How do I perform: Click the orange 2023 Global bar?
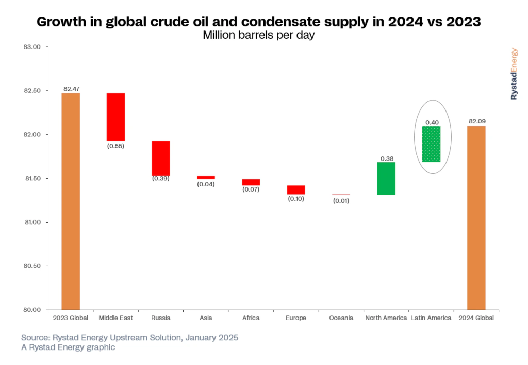click(x=71, y=201)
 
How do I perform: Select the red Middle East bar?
click(x=115, y=117)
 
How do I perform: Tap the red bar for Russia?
click(x=160, y=158)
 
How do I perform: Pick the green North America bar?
click(x=386, y=178)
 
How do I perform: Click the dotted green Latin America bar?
click(x=431, y=144)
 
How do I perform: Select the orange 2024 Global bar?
click(x=476, y=218)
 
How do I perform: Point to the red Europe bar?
click(x=296, y=189)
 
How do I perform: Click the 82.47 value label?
click(x=71, y=89)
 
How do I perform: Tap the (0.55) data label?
click(x=115, y=146)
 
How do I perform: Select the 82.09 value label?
click(x=476, y=121)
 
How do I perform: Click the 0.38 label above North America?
click(x=387, y=158)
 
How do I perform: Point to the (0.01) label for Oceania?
click(x=341, y=201)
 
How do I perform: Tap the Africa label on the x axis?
click(x=251, y=318)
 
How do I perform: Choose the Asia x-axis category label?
click(x=206, y=318)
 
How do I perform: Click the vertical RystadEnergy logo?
click(x=514, y=74)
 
